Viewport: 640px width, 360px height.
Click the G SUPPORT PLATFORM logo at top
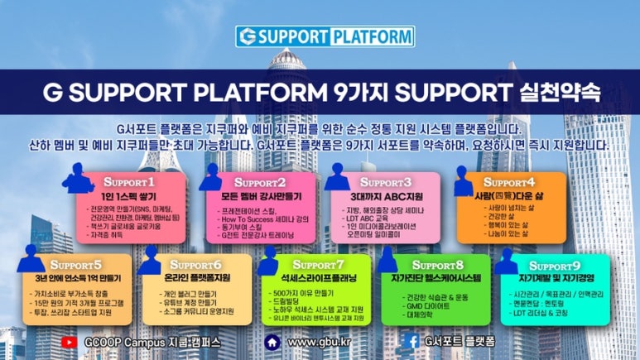point(325,36)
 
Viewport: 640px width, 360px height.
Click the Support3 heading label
point(385,181)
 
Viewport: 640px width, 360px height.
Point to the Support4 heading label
point(509,181)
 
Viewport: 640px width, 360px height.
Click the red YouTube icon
point(70,341)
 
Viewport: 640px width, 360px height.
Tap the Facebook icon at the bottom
point(411,341)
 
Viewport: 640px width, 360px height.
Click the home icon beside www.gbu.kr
point(272,341)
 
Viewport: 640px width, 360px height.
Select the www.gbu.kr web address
point(319,341)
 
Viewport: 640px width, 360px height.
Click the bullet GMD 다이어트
point(429,306)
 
